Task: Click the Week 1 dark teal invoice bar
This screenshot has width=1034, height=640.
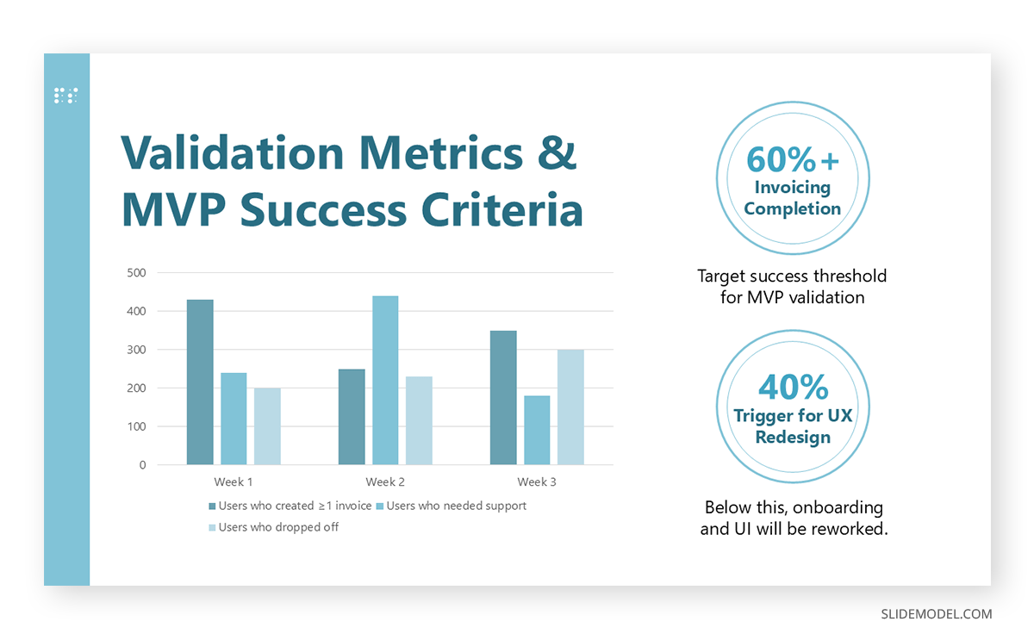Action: click(x=200, y=382)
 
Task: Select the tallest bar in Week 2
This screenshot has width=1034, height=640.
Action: click(x=385, y=381)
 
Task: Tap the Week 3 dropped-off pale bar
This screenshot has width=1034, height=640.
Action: click(x=570, y=407)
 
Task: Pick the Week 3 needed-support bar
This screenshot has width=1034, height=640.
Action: click(x=537, y=431)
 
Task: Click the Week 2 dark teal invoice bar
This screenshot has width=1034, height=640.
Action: click(x=352, y=417)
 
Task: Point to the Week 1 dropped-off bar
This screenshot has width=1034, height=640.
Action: click(x=267, y=426)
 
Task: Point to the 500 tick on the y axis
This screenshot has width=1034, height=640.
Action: click(x=137, y=273)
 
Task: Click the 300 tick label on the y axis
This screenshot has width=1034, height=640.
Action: click(x=137, y=350)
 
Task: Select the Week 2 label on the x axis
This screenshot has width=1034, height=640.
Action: click(x=385, y=482)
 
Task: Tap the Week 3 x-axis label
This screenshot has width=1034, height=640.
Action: click(x=537, y=482)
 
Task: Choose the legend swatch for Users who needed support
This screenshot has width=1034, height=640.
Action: click(x=380, y=506)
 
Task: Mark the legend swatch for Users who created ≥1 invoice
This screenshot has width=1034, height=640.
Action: click(x=212, y=506)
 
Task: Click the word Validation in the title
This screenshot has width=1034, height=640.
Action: click(x=232, y=153)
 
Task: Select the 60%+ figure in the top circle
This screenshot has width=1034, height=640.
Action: click(x=792, y=159)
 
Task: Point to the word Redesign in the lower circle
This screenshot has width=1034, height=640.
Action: click(x=793, y=437)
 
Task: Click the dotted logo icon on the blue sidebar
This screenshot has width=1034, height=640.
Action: click(x=66, y=96)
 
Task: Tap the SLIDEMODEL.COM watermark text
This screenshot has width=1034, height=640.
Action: click(x=937, y=614)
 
